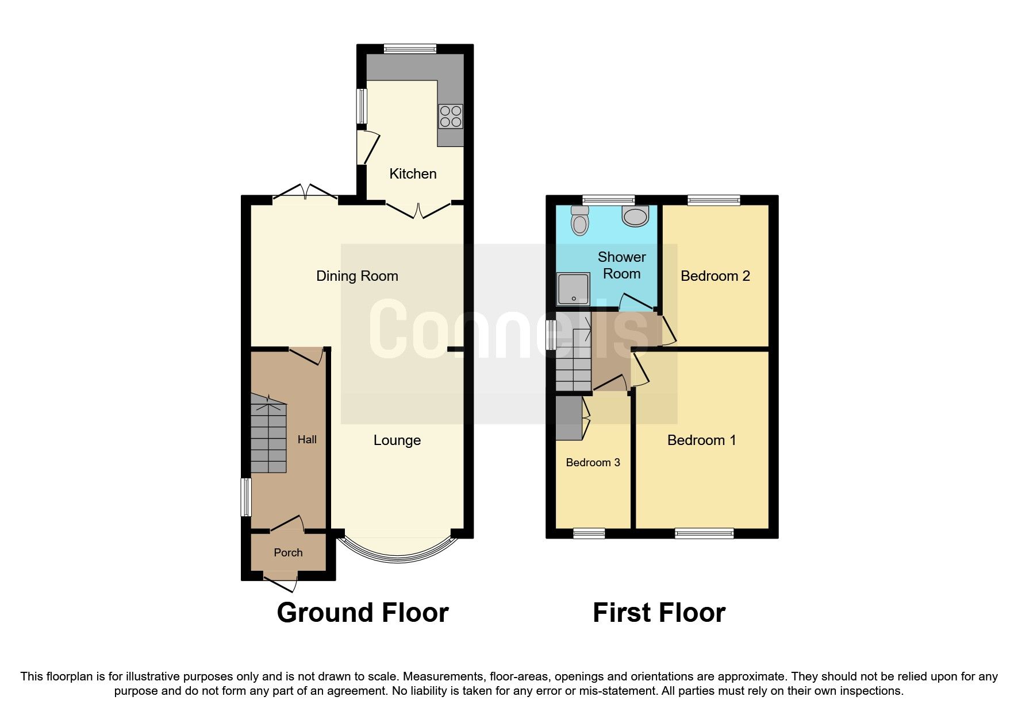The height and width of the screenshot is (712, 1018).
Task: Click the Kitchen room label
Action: (413, 173)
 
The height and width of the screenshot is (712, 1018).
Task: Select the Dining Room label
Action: (357, 276)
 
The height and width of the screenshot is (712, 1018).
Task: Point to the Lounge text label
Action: (397, 440)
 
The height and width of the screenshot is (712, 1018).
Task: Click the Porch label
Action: (288, 552)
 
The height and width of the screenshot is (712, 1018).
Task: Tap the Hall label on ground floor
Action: (307, 440)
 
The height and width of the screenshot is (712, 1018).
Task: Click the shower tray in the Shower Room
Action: (573, 289)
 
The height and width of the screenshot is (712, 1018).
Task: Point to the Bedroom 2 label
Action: (714, 276)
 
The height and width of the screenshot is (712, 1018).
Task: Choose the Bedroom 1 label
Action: (701, 440)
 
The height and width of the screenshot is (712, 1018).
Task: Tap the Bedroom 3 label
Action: (593, 463)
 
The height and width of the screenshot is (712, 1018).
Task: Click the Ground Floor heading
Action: (362, 613)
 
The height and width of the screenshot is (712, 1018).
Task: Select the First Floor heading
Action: (659, 613)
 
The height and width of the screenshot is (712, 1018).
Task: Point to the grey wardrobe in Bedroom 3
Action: (568, 417)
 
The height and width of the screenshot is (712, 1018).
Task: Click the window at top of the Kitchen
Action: (410, 49)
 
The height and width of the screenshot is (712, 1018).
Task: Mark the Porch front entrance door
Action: (282, 582)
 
